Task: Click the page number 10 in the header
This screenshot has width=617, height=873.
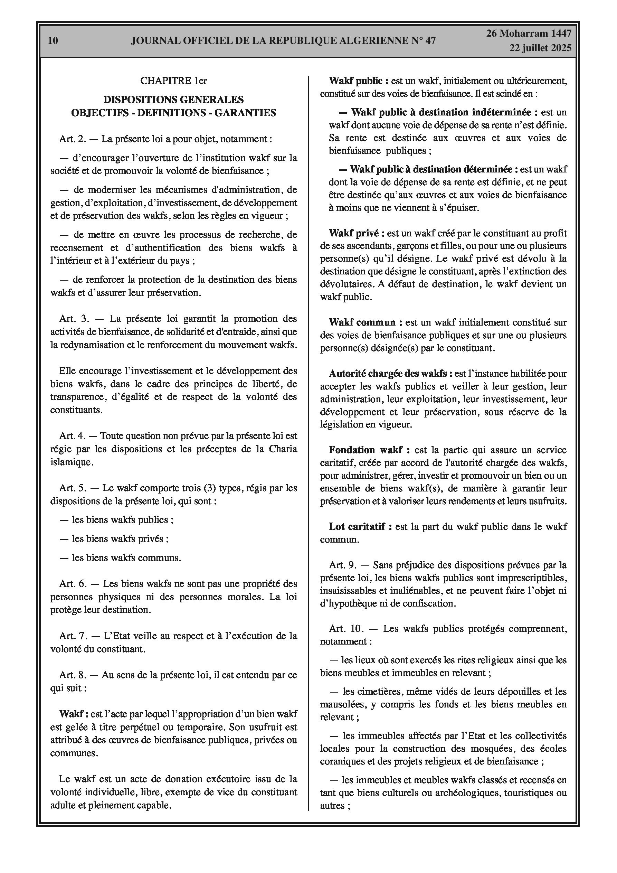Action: [53, 40]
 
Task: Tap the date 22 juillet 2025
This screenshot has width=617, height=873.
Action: [541, 48]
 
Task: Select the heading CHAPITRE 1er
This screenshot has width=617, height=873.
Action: [173, 81]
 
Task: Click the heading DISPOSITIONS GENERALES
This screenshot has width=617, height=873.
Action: [173, 100]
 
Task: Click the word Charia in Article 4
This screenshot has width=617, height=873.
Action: [283, 449]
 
